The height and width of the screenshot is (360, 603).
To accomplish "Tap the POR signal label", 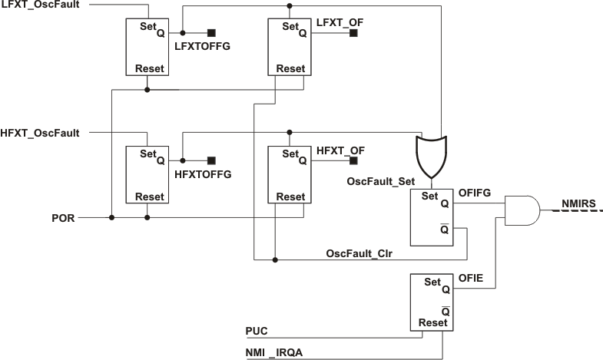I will [63, 217].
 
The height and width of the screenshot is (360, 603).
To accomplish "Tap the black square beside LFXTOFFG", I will [211, 33].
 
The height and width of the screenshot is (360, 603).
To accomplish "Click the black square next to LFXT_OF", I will [353, 33].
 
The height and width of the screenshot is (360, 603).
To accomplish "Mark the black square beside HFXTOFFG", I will [211, 160].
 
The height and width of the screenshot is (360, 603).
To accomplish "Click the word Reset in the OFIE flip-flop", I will [432, 323].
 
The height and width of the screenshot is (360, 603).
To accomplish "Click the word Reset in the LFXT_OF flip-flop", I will [290, 68].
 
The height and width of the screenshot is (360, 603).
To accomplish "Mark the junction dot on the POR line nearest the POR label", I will [112, 217].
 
